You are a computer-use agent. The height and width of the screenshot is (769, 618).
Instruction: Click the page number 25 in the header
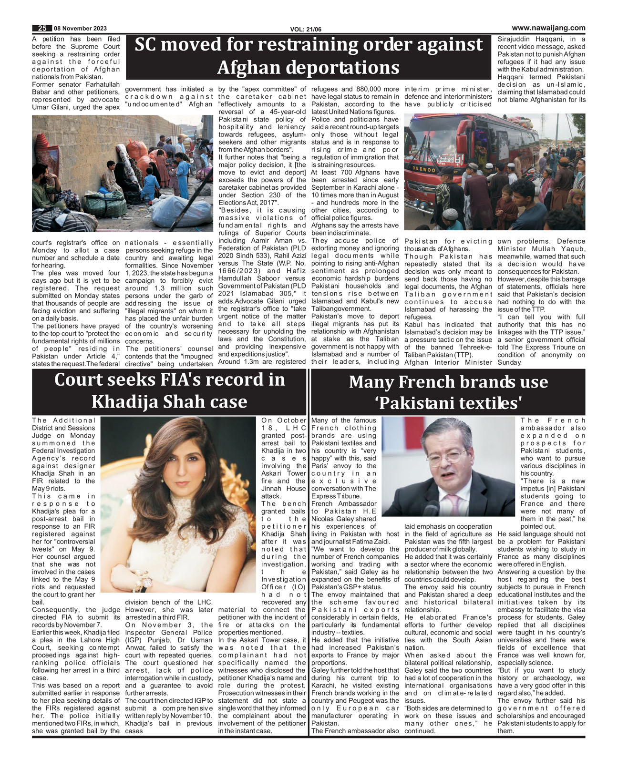[x=42, y=29]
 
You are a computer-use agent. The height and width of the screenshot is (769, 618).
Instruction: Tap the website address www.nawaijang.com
[x=548, y=28]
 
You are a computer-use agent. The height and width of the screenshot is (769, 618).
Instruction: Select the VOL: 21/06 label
[x=306, y=30]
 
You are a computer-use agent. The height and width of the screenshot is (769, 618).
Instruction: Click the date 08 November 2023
[x=80, y=29]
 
